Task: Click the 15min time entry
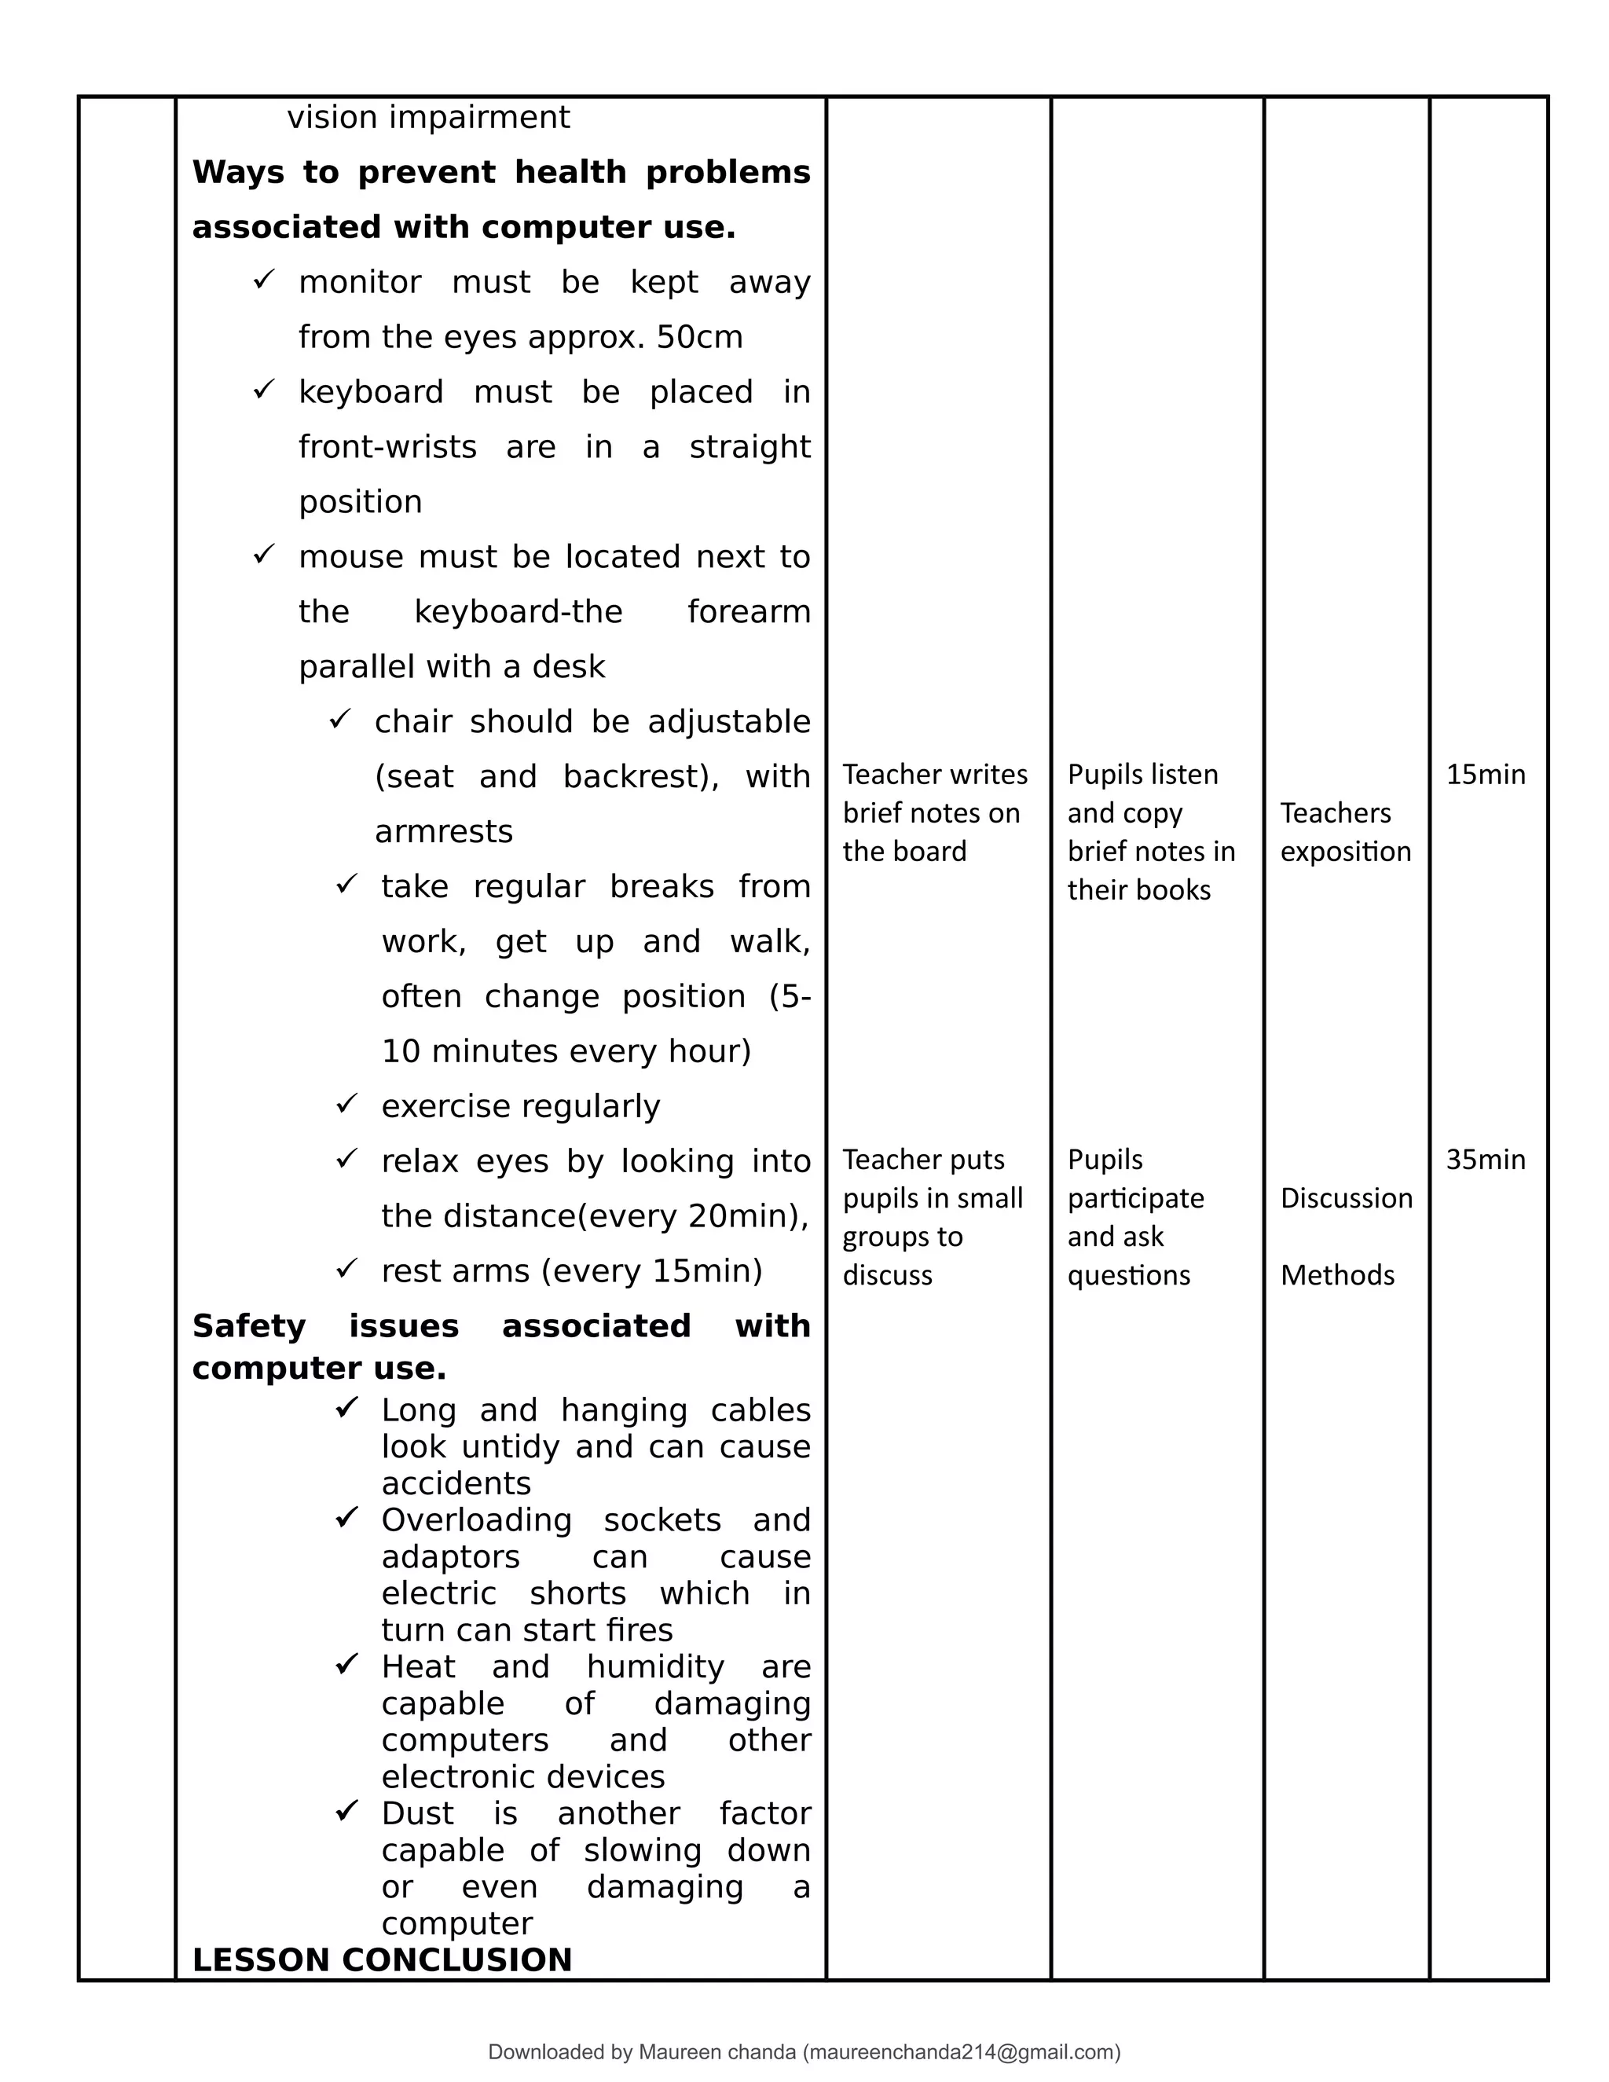[1485, 774]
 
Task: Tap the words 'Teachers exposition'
[1344, 832]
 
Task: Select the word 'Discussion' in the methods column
[1346, 1198]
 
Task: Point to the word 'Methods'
[1336, 1274]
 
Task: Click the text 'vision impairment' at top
[428, 117]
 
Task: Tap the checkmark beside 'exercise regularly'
[346, 1104]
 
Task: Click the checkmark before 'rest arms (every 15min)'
[346, 1269]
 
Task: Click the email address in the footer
[961, 2051]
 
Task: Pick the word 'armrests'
[443, 832]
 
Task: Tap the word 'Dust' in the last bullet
[417, 1813]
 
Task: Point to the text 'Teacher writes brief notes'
[934, 812]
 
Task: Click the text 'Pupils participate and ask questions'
[1135, 1217]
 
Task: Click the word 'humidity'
[655, 1666]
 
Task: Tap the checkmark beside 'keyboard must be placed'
[263, 390]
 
